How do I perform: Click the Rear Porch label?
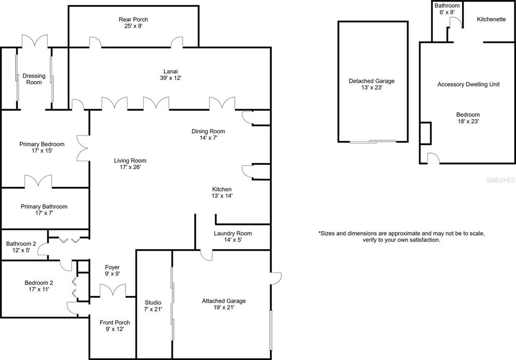(x=133, y=20)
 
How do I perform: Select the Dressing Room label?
(x=34, y=79)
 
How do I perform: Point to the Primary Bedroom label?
(x=42, y=145)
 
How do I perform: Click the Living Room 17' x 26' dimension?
(x=130, y=167)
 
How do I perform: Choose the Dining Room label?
(x=208, y=131)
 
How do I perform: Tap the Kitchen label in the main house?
(x=222, y=189)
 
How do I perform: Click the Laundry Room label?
(x=233, y=234)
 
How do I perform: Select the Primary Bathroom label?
(x=44, y=207)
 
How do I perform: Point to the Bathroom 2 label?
(x=21, y=244)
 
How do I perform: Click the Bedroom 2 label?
(x=39, y=283)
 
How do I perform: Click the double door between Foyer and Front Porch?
(x=112, y=291)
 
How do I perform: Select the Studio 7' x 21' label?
(x=153, y=306)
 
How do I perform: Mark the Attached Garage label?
(x=224, y=301)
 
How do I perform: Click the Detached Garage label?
(x=371, y=81)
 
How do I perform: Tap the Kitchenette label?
(x=491, y=20)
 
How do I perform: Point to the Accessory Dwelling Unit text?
(x=469, y=85)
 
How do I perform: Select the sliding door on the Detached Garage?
(x=373, y=141)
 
